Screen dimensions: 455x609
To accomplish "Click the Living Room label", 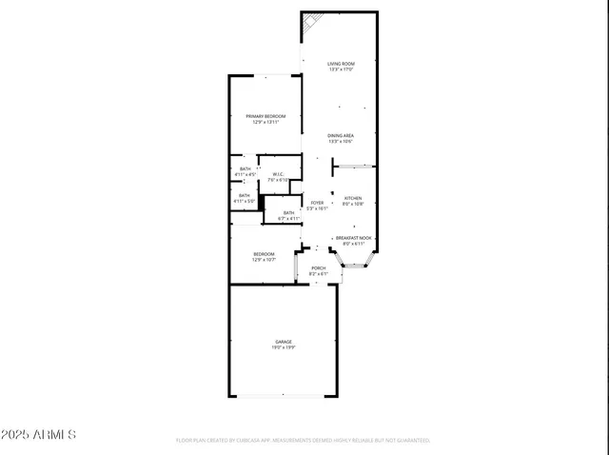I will pyautogui.click(x=341, y=64).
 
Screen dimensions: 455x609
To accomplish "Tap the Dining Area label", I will pyautogui.click(x=341, y=136).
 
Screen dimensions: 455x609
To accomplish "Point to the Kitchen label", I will pyautogui.click(x=353, y=198).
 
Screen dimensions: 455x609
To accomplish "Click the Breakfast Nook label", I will pyautogui.click(x=353, y=238).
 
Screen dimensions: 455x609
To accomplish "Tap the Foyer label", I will pyautogui.click(x=318, y=202).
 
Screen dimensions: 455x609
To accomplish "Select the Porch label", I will pyautogui.click(x=319, y=268).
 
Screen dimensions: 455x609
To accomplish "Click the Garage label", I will pyautogui.click(x=284, y=341).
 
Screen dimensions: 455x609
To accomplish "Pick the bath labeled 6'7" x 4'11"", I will pyautogui.click(x=288, y=215).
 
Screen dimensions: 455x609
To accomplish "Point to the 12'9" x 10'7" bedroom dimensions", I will pyautogui.click(x=264, y=259).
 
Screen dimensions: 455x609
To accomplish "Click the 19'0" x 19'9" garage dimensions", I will pyautogui.click(x=284, y=347).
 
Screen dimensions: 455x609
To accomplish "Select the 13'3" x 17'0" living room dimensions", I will pyautogui.click(x=341, y=69).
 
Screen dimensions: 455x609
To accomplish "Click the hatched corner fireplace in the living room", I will pyautogui.click(x=311, y=22).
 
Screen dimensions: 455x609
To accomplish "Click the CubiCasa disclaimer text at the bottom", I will pyautogui.click(x=304, y=441).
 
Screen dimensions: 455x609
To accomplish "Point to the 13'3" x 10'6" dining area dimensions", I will pyautogui.click(x=341, y=142).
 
